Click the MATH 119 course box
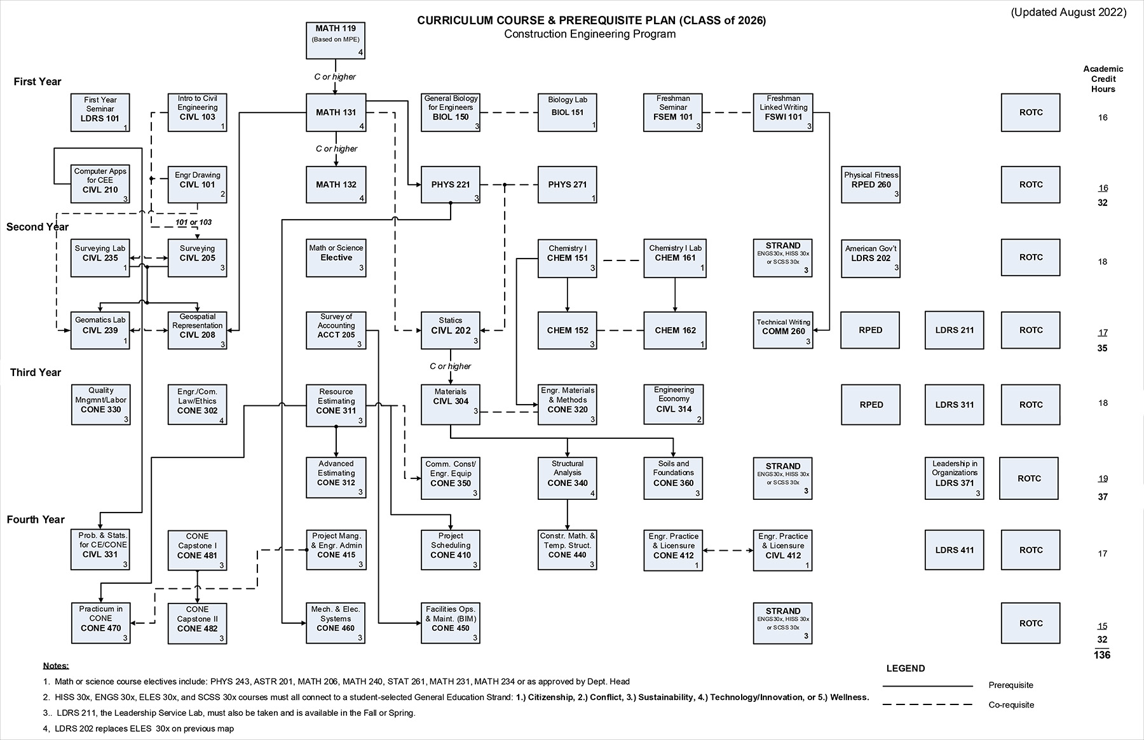[336, 41]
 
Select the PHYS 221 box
[451, 185]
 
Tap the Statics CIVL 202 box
[451, 330]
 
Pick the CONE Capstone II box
[197, 623]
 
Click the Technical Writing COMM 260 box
[783, 330]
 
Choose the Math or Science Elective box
[336, 257]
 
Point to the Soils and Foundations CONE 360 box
[673, 478]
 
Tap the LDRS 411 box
[954, 550]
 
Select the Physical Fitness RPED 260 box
[871, 185]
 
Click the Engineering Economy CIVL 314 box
[673, 404]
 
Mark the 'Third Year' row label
[36, 372]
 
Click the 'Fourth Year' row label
[36, 520]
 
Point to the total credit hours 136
[1102, 655]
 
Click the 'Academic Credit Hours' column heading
[1103, 79]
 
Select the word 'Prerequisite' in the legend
[1011, 685]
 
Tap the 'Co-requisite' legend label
[1011, 705]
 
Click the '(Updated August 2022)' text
[1068, 13]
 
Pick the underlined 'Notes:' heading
[56, 666]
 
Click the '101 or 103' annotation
[193, 222]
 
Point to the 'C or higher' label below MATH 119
[335, 77]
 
